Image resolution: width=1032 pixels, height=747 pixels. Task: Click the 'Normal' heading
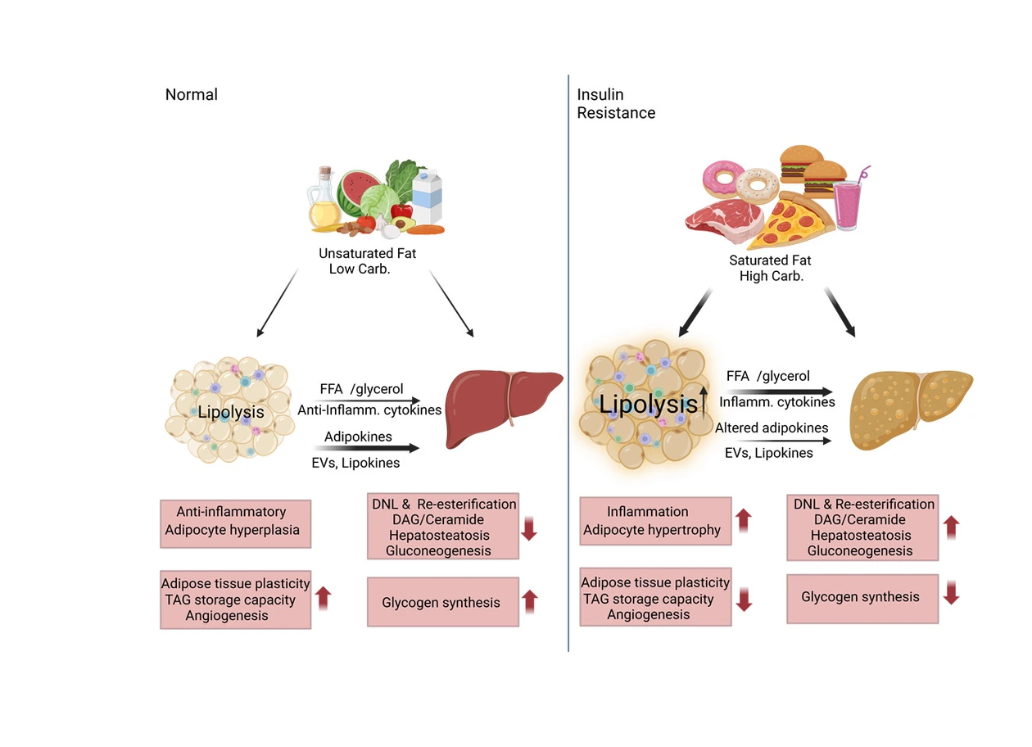coord(192,94)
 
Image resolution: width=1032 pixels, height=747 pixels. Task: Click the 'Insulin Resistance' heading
coord(616,104)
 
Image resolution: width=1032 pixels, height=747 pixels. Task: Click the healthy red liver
coord(501,406)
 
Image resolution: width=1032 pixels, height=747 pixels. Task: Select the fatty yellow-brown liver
coord(910,409)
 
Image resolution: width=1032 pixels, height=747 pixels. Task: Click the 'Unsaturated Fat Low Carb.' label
coord(367,260)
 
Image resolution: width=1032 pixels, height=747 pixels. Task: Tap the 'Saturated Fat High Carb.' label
coord(771,268)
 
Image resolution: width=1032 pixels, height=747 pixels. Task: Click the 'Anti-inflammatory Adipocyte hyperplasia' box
coord(236,521)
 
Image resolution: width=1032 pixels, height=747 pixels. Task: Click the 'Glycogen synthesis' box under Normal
coord(443,603)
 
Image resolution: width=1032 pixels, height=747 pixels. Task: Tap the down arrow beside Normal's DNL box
coord(529,527)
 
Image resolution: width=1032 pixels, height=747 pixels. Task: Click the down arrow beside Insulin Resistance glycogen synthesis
coord(951,593)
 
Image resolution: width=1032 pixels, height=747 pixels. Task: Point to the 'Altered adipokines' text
coord(772,428)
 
